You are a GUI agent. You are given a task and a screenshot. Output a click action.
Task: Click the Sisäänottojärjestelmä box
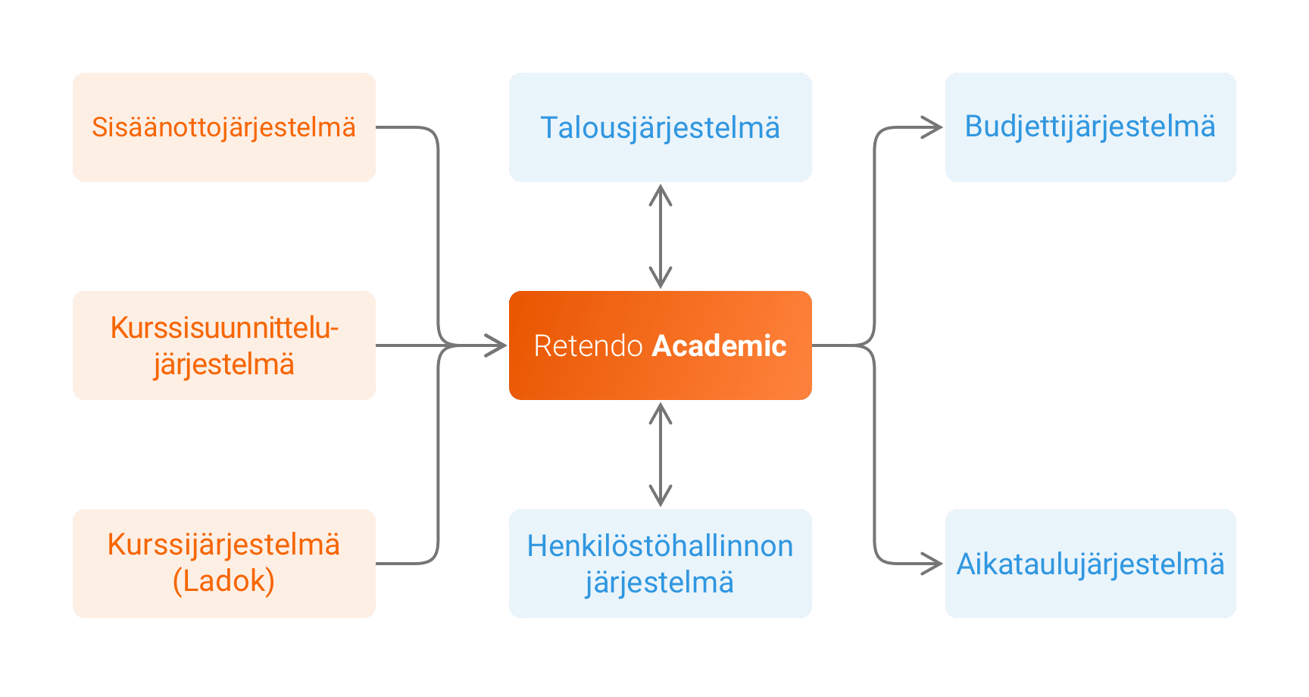click(223, 127)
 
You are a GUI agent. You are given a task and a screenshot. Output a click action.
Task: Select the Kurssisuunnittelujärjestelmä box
click(223, 345)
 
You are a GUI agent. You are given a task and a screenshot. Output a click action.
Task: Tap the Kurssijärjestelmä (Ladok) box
click(223, 564)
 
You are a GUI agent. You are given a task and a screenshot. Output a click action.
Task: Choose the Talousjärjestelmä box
click(660, 127)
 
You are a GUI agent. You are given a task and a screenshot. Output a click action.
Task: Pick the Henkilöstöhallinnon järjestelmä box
click(660, 564)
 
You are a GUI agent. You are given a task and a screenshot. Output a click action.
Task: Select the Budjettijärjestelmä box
click(1090, 127)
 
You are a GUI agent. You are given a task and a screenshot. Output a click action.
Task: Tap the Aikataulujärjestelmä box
click(1090, 564)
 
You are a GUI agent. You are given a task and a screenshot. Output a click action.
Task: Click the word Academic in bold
click(719, 345)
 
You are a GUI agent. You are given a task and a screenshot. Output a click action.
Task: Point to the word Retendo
click(588, 345)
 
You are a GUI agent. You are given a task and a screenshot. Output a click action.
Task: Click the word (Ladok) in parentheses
click(223, 581)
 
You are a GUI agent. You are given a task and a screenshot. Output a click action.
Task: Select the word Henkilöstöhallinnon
click(660, 546)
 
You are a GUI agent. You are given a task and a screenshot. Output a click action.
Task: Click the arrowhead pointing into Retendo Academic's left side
click(497, 345)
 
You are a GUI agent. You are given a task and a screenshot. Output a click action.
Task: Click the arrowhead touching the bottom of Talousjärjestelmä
click(661, 194)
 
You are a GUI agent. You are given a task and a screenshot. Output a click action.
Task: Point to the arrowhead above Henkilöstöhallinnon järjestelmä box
click(661, 497)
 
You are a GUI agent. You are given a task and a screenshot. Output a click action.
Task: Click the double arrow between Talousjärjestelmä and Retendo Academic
click(661, 236)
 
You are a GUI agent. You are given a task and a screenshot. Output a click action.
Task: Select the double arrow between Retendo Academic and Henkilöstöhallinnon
click(661, 455)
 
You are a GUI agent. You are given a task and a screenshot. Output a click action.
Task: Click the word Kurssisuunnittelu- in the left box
click(224, 328)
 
